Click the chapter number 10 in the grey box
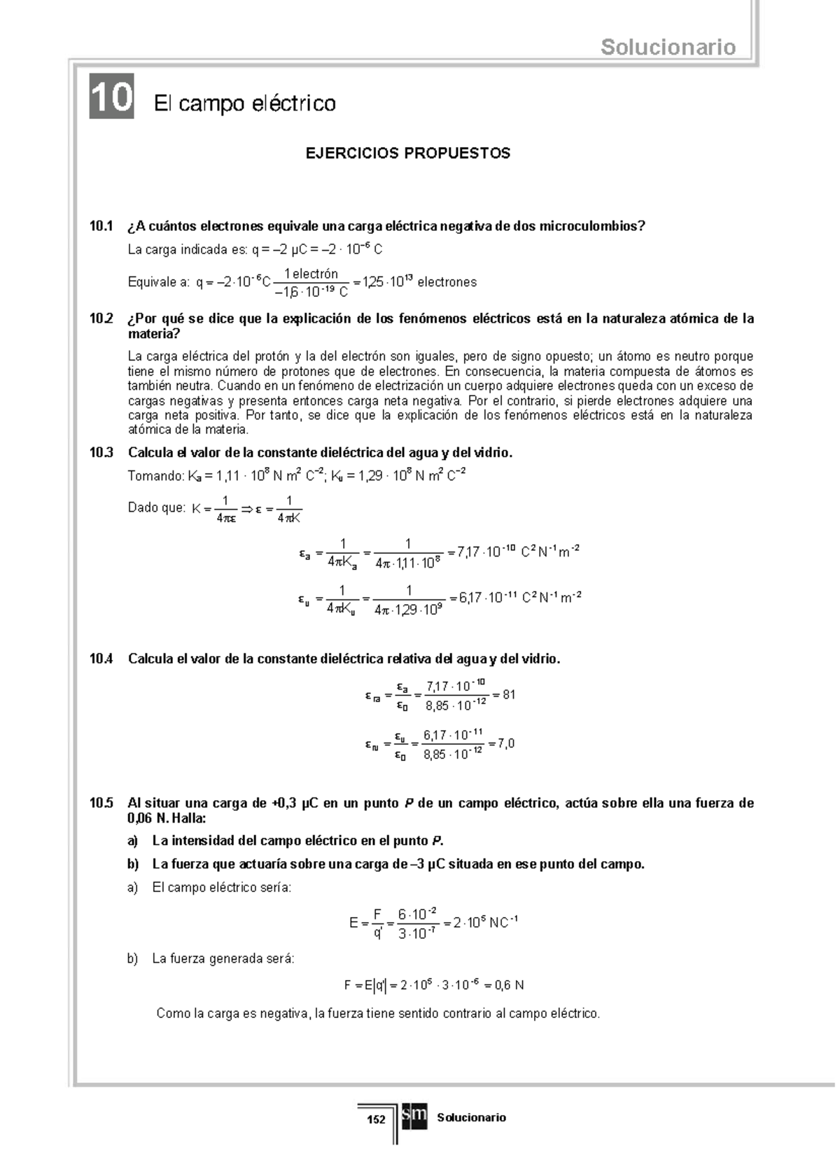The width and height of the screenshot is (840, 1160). point(111,97)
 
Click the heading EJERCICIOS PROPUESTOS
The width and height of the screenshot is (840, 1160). point(408,153)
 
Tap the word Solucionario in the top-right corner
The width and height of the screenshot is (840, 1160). point(668,48)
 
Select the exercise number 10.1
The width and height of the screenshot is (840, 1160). point(101,226)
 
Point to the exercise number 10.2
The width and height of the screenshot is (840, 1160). point(101,319)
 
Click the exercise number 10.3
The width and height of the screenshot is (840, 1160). point(101,453)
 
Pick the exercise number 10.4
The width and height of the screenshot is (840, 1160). point(101,659)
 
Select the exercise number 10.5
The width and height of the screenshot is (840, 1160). point(101,803)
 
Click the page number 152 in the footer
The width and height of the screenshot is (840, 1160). point(377,1119)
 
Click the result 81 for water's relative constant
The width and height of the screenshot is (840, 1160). point(509,695)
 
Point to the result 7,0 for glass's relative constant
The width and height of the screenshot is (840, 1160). point(506,743)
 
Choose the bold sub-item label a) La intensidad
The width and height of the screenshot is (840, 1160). point(133,841)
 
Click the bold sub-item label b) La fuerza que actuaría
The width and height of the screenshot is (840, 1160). point(133,864)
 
